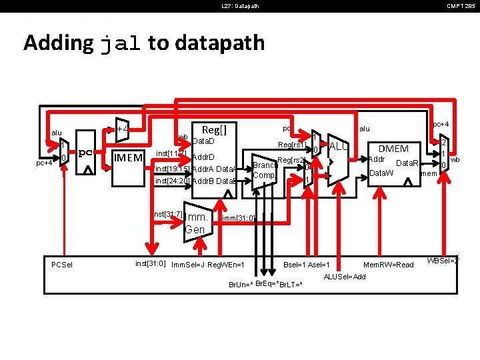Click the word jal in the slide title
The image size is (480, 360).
tap(120, 43)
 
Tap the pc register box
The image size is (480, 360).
tap(85, 153)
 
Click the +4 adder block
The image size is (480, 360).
tap(122, 129)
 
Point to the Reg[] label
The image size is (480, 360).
tap(214, 129)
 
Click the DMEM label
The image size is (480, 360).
tap(393, 149)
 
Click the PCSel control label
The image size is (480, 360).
tap(62, 265)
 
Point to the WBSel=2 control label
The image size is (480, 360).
tap(443, 261)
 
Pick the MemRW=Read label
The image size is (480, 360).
tap(389, 265)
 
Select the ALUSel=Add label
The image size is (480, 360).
tap(344, 277)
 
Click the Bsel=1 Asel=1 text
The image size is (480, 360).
tap(307, 265)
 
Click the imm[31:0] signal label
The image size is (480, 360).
tap(238, 218)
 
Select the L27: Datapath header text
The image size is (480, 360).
tap(240, 7)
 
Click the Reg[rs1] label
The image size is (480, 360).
tap(291, 145)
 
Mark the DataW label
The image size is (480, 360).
tap(381, 173)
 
